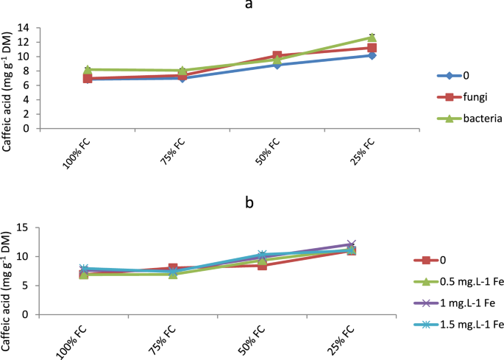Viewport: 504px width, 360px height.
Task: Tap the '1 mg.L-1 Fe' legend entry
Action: (x=465, y=303)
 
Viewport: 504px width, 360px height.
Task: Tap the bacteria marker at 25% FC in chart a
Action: (x=372, y=37)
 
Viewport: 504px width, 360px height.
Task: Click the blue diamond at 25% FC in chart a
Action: (x=372, y=55)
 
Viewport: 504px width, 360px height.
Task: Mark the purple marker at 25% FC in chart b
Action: (x=372, y=244)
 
